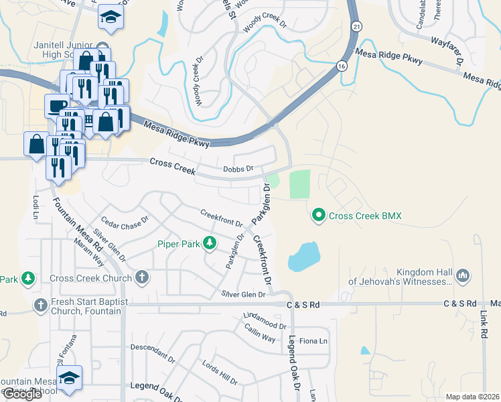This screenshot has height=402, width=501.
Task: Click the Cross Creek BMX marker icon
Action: pyautogui.click(x=319, y=215)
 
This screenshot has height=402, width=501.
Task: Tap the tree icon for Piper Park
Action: pyautogui.click(x=210, y=244)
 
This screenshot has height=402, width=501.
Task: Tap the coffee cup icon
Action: pyautogui.click(x=56, y=105)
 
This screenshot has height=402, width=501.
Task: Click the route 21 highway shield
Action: pyautogui.click(x=358, y=25)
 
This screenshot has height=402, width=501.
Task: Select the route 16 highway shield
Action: pyautogui.click(x=342, y=66)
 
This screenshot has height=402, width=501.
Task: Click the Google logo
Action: pyautogui.click(x=22, y=394)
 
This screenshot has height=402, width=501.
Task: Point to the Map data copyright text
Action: pyautogui.click(x=472, y=397)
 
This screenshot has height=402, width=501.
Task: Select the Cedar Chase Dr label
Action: pyautogui.click(x=125, y=227)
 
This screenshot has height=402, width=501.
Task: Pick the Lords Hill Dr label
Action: pyautogui.click(x=219, y=372)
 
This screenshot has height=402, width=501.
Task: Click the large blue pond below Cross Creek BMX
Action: pyautogui.click(x=304, y=256)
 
